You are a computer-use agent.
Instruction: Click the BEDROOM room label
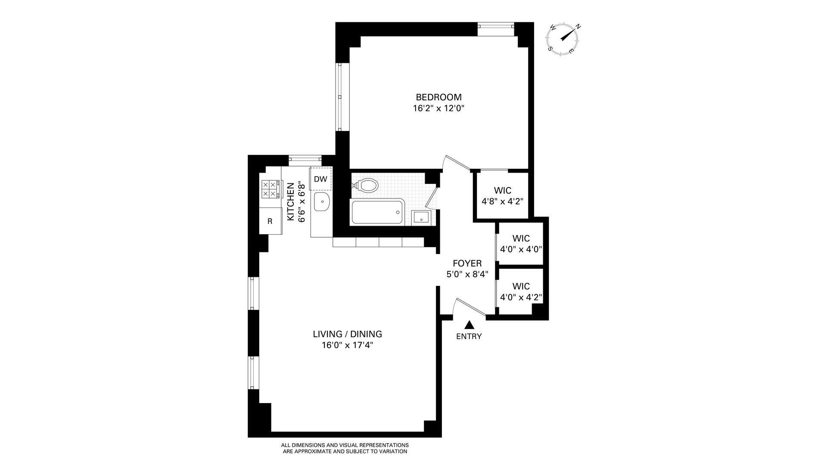click(438, 97)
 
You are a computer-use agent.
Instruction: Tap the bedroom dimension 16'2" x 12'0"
click(438, 108)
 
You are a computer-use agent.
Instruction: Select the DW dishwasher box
click(320, 179)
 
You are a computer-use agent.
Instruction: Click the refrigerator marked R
click(270, 221)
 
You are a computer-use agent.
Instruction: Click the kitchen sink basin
click(321, 202)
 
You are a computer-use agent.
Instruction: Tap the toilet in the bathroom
click(367, 186)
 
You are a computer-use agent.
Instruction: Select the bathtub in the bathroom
click(377, 212)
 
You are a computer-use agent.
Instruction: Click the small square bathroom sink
click(420, 217)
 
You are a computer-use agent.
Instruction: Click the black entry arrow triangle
click(469, 325)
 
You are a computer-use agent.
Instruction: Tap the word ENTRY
click(469, 337)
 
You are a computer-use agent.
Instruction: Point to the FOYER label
click(467, 263)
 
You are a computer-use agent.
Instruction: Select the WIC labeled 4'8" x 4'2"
click(502, 195)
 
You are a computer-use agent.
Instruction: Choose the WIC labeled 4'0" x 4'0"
click(521, 244)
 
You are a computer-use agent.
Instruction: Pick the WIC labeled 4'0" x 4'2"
click(521, 291)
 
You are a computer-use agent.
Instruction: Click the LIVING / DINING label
click(347, 334)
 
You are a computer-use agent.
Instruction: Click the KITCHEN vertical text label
click(291, 202)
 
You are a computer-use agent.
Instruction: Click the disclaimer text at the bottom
click(345, 448)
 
